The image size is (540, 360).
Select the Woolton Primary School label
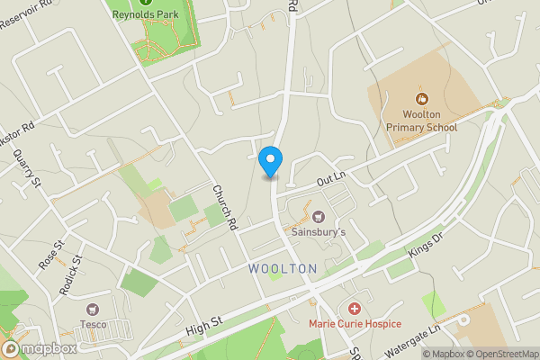tap(422, 121)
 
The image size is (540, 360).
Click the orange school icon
tap(420, 98)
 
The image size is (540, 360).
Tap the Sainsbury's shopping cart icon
tap(317, 216)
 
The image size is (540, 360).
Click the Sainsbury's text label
tap(317, 232)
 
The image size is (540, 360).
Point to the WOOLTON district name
tap(283, 268)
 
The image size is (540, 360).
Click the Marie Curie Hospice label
tap(355, 323)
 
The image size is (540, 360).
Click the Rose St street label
tap(49, 255)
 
